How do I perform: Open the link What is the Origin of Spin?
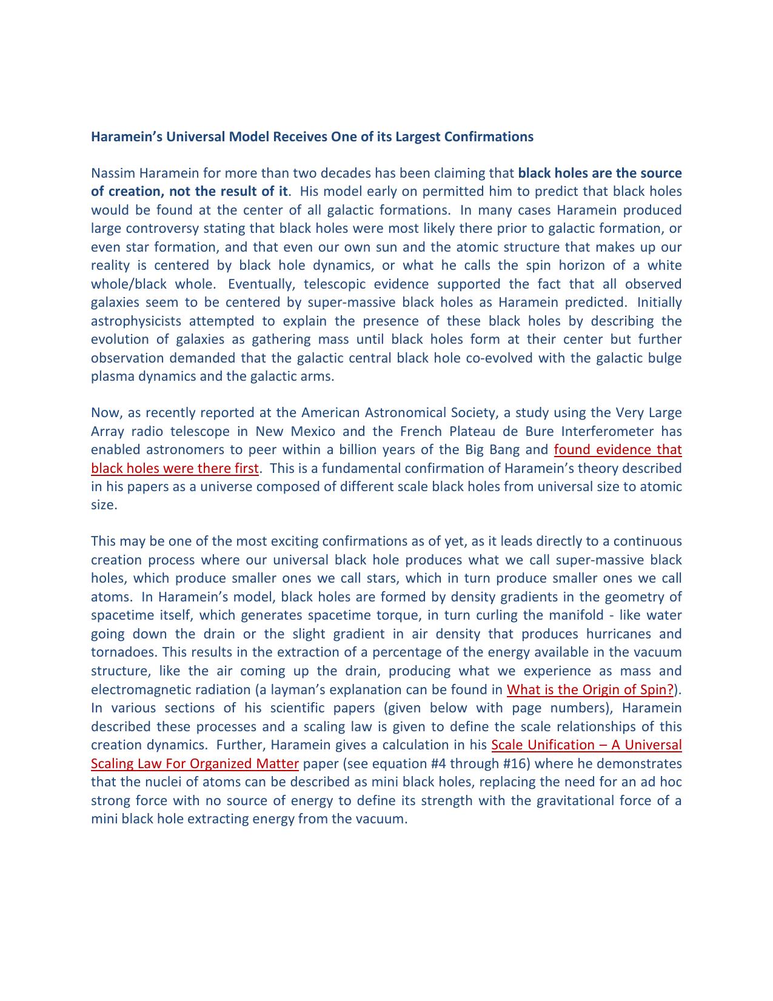coord(590,690)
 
